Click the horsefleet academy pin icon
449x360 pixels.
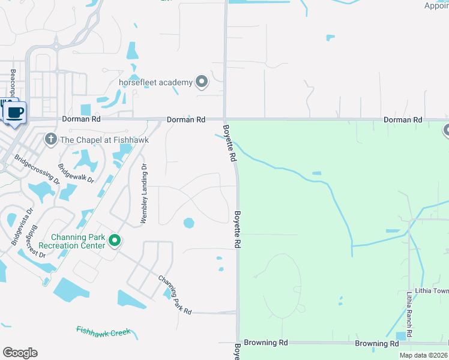click(x=202, y=82)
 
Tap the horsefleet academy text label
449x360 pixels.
click(x=155, y=82)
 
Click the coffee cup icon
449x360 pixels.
click(x=14, y=112)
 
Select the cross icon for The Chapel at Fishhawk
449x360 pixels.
click(x=51, y=140)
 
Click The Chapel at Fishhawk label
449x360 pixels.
click(x=104, y=140)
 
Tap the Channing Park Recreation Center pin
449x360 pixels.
click(x=115, y=241)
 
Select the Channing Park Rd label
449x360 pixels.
click(x=175, y=295)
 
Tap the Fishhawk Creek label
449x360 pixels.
click(x=103, y=331)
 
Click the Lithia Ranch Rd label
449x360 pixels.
click(x=409, y=314)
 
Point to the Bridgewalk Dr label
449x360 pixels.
click(x=76, y=173)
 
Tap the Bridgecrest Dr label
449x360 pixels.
click(x=36, y=242)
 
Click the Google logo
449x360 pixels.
click(x=20, y=352)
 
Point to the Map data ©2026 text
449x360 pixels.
click(x=423, y=355)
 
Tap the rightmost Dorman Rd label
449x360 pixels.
click(x=403, y=120)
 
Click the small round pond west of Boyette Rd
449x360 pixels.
click(x=189, y=223)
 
